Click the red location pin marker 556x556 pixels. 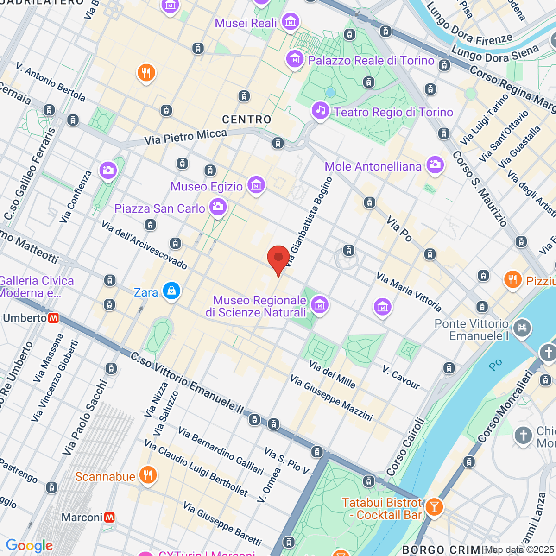pos(278,258)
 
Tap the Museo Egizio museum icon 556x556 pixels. pos(256,185)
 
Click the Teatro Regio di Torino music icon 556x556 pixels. pos(320,111)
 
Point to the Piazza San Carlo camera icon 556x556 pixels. pos(218,207)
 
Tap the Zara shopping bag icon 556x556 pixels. pos(171,291)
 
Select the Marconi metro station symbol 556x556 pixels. pos(109,517)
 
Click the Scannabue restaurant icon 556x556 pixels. pos(148,476)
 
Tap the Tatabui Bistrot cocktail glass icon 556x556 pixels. pos(434,507)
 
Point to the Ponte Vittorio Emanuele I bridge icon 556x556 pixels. pos(523,329)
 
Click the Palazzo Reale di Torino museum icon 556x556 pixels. pos(295,59)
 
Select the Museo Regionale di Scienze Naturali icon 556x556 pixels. pos(320,305)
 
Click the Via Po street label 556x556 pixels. pos(399,228)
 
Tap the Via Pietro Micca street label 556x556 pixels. pos(185,137)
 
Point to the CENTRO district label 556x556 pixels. pos(246,120)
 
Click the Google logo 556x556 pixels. pos(29,546)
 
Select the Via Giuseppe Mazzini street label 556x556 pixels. pos(331,398)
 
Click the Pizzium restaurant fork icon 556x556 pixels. pos(512,280)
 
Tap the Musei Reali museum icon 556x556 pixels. pos(291,22)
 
